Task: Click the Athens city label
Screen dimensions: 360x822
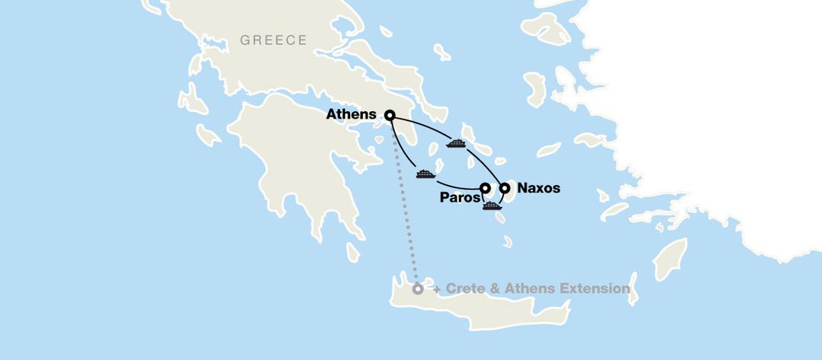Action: tap(351, 115)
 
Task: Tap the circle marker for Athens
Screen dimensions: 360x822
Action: tap(390, 116)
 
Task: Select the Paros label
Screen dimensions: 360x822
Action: tap(460, 198)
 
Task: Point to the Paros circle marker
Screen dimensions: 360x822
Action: tap(485, 187)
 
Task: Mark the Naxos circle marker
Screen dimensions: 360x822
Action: tap(503, 187)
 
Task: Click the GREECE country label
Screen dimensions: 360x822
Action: tap(273, 40)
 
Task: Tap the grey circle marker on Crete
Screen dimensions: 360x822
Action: tap(417, 289)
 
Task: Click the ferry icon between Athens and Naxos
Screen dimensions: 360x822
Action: tap(456, 142)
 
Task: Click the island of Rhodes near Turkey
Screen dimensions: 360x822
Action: tap(670, 259)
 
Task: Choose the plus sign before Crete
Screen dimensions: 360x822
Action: tap(437, 289)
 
